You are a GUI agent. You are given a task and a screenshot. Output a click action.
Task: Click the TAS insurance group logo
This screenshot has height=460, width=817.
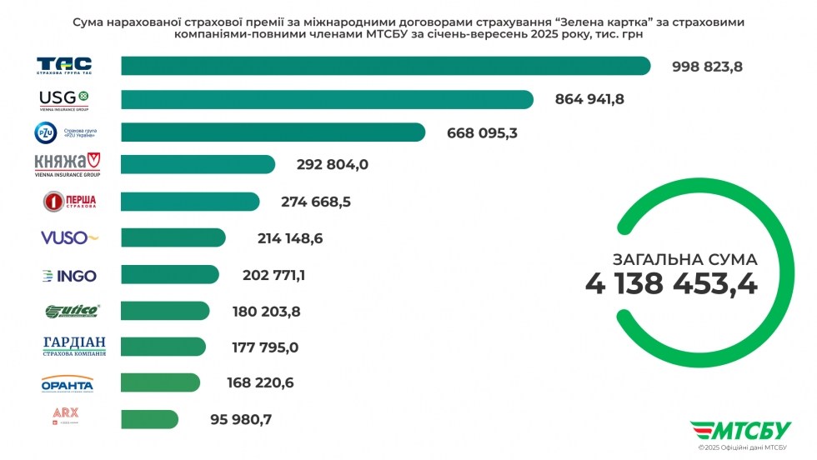(x=64, y=66)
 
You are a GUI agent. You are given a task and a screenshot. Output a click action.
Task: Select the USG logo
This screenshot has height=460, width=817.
(x=64, y=99)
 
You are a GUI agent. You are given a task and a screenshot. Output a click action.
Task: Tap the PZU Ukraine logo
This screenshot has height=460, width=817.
(x=64, y=132)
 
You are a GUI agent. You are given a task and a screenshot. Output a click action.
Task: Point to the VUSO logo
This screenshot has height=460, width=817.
(x=69, y=237)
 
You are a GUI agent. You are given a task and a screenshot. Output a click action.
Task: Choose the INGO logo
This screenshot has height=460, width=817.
(x=69, y=275)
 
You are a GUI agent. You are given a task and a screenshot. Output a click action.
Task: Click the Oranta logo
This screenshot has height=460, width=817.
(x=67, y=383)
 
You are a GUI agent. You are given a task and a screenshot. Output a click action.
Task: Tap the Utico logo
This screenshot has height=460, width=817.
(x=72, y=312)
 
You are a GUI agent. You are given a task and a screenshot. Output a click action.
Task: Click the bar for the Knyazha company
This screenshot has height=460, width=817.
(x=198, y=164)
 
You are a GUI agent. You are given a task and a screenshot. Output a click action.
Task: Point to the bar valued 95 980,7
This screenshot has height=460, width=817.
(x=149, y=419)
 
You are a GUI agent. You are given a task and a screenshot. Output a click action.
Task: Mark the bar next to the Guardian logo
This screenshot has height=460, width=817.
(x=163, y=347)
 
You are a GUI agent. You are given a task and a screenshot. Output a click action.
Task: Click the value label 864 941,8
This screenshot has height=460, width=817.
(x=589, y=100)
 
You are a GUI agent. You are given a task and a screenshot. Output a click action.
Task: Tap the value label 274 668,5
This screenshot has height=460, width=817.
(x=315, y=202)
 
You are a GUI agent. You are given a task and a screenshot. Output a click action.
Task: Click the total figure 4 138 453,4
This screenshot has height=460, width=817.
(x=671, y=284)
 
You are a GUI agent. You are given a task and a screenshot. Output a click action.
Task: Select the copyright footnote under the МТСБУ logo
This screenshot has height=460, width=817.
(x=744, y=449)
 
